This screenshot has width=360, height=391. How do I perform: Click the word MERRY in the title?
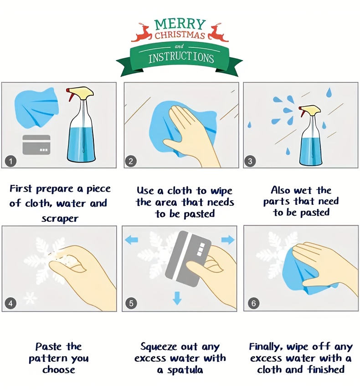click(x=180, y=24)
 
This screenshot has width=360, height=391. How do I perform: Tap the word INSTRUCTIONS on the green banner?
click(x=181, y=58)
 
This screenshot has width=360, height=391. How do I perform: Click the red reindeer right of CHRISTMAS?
click(x=218, y=32)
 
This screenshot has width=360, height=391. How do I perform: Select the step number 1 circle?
click(x=10, y=161)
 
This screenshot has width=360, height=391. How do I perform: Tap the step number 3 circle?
click(x=250, y=161)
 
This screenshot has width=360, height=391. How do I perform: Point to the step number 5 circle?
click(x=131, y=304)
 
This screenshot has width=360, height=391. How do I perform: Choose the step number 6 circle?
click(x=253, y=304)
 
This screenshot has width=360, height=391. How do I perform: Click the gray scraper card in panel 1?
click(x=36, y=145)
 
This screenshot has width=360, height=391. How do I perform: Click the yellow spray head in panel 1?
click(x=82, y=92)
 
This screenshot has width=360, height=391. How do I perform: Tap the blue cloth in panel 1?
click(x=36, y=108)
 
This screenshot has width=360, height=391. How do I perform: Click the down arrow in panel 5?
click(x=177, y=298)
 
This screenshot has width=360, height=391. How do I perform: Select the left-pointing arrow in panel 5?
click(x=131, y=240)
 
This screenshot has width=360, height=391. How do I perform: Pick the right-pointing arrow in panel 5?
click(x=228, y=240)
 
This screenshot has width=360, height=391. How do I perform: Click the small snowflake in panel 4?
click(x=30, y=298)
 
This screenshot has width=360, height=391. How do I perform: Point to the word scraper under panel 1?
click(x=60, y=218)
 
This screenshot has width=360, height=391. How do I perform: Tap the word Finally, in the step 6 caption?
click(x=266, y=347)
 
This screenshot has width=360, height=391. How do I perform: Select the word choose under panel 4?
click(x=59, y=370)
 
